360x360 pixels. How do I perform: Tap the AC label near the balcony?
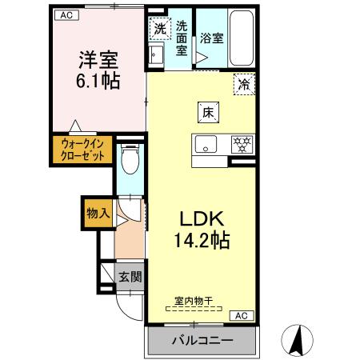pyautogui.click(x=242, y=315)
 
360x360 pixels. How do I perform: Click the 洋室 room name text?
pyautogui.click(x=98, y=59)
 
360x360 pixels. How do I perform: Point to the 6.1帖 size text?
pyautogui.click(x=98, y=81)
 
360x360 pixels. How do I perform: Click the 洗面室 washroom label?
pyautogui.click(x=182, y=37)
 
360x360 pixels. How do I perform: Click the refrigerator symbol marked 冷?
pyautogui.click(x=242, y=83)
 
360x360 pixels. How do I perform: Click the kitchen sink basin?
pyautogui.click(x=205, y=145)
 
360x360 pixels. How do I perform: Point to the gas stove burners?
pyautogui.click(x=240, y=144)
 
